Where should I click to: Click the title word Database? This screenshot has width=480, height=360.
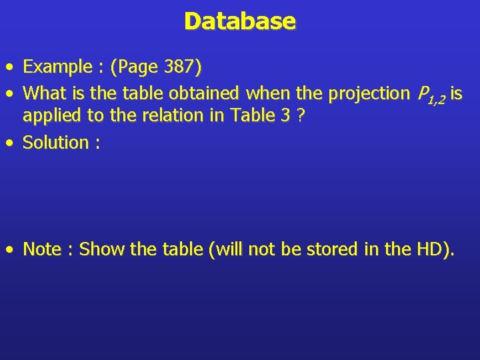point(240,21)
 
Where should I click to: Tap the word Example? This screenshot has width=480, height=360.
point(57,67)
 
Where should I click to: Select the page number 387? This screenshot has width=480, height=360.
point(179,67)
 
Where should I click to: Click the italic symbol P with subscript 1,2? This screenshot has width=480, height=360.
point(431,95)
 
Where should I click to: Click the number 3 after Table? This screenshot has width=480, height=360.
point(285,116)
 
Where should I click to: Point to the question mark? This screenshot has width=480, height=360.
point(302,116)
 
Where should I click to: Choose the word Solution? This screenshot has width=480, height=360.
point(55,143)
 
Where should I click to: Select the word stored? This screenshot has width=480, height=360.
point(331,249)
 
